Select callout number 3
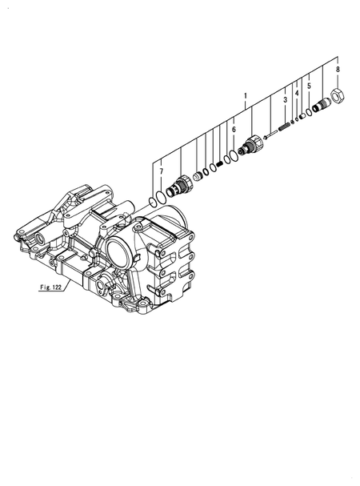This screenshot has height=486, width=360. click(284, 99)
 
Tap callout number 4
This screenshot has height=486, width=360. click(296, 94)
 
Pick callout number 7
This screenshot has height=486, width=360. click(161, 171)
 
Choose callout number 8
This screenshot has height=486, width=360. click(338, 70)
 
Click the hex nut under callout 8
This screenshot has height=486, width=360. click(338, 97)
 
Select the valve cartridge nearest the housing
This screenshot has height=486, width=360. click(182, 187)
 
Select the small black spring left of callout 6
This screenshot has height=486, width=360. click(218, 164)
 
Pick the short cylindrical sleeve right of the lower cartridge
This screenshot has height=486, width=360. click(197, 175)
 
